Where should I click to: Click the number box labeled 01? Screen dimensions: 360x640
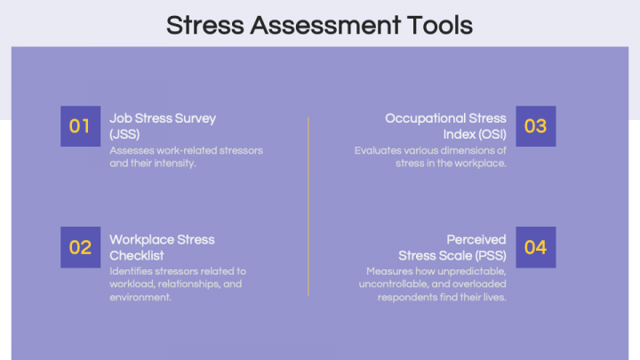[80, 126]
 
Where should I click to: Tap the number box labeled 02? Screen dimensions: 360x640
[80, 247]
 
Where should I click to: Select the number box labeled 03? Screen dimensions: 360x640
[535, 126]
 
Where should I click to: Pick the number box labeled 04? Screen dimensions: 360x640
[535, 247]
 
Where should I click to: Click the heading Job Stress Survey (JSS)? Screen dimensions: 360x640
[163, 125]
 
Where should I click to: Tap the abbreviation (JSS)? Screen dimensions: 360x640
[125, 133]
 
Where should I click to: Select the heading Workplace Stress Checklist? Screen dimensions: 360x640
[162, 247]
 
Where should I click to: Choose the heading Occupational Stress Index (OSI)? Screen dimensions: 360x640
[445, 125]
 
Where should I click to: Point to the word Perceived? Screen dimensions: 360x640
[476, 239]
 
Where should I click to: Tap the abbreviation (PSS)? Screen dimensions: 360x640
[487, 255]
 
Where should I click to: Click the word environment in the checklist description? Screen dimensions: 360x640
[140, 297]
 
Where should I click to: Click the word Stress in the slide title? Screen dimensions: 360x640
[204, 25]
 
